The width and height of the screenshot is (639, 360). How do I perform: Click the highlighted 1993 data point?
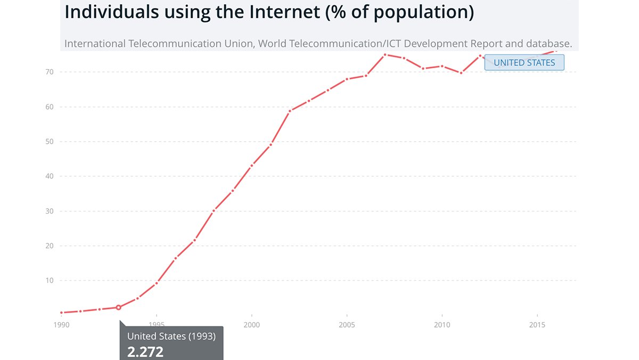[118, 307]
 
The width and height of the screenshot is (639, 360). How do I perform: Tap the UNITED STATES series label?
[524, 62]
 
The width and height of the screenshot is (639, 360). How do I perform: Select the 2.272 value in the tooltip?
[145, 351]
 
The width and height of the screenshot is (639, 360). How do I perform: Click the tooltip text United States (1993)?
[171, 336]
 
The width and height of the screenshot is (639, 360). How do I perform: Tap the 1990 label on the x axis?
[61, 324]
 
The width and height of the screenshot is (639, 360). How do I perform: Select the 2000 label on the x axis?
[251, 324]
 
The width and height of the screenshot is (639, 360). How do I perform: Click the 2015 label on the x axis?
[537, 324]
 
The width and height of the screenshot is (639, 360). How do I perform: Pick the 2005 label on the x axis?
[347, 324]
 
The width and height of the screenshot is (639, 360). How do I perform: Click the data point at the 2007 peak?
[384, 54]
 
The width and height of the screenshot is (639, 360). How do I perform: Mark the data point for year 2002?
[290, 111]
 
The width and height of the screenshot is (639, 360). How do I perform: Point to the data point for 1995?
[156, 283]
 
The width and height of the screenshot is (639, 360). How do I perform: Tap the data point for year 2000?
[251, 166]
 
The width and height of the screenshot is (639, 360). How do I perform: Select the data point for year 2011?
[461, 73]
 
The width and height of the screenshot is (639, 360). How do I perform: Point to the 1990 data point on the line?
[61, 313]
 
